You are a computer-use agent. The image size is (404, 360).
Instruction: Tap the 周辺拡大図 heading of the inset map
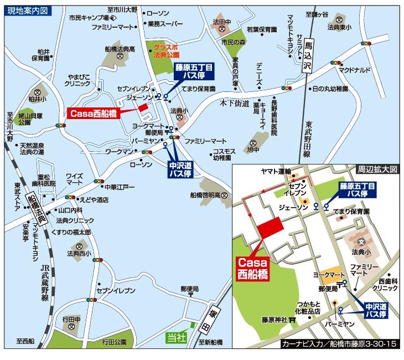click(x=377, y=170)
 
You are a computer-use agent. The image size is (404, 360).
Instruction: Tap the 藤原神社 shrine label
click(x=274, y=320)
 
